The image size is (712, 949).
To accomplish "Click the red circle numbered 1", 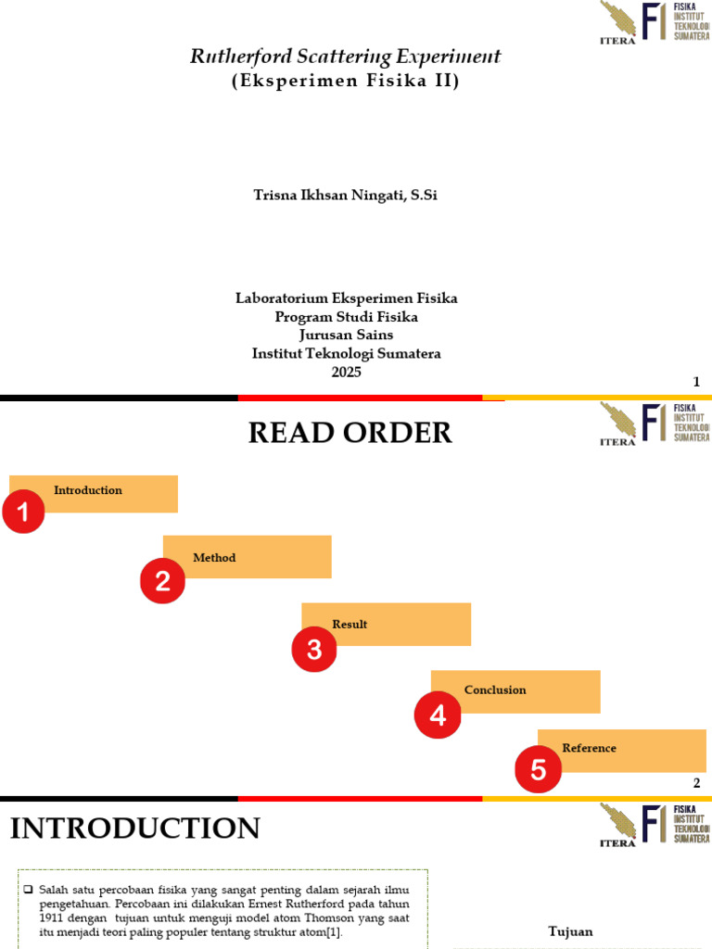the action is (x=23, y=512).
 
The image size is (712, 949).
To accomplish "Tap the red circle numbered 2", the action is (x=162, y=580).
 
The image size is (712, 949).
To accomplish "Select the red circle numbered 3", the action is (x=314, y=649).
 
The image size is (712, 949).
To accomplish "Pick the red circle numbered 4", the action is (x=438, y=715).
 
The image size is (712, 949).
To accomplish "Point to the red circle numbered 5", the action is (x=539, y=769).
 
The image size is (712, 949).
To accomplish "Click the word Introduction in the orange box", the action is (x=88, y=490).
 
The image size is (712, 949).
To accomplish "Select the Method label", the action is (x=214, y=557).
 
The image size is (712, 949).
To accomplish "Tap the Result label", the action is (x=350, y=624).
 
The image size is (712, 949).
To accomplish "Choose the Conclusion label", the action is (x=495, y=690).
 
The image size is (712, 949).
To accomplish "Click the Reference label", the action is (x=589, y=748).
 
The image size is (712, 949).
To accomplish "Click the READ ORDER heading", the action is (x=350, y=433).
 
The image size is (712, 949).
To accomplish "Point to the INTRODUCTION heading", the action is (x=135, y=828).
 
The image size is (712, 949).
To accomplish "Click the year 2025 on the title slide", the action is (x=347, y=372).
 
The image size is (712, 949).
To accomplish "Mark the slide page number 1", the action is (x=696, y=382).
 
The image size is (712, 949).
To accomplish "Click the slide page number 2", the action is (x=696, y=783).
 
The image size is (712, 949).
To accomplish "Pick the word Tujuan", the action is (x=570, y=931).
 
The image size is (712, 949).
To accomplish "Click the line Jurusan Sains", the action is (x=347, y=335).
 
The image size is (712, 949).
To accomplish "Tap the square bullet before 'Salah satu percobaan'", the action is (x=28, y=889).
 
